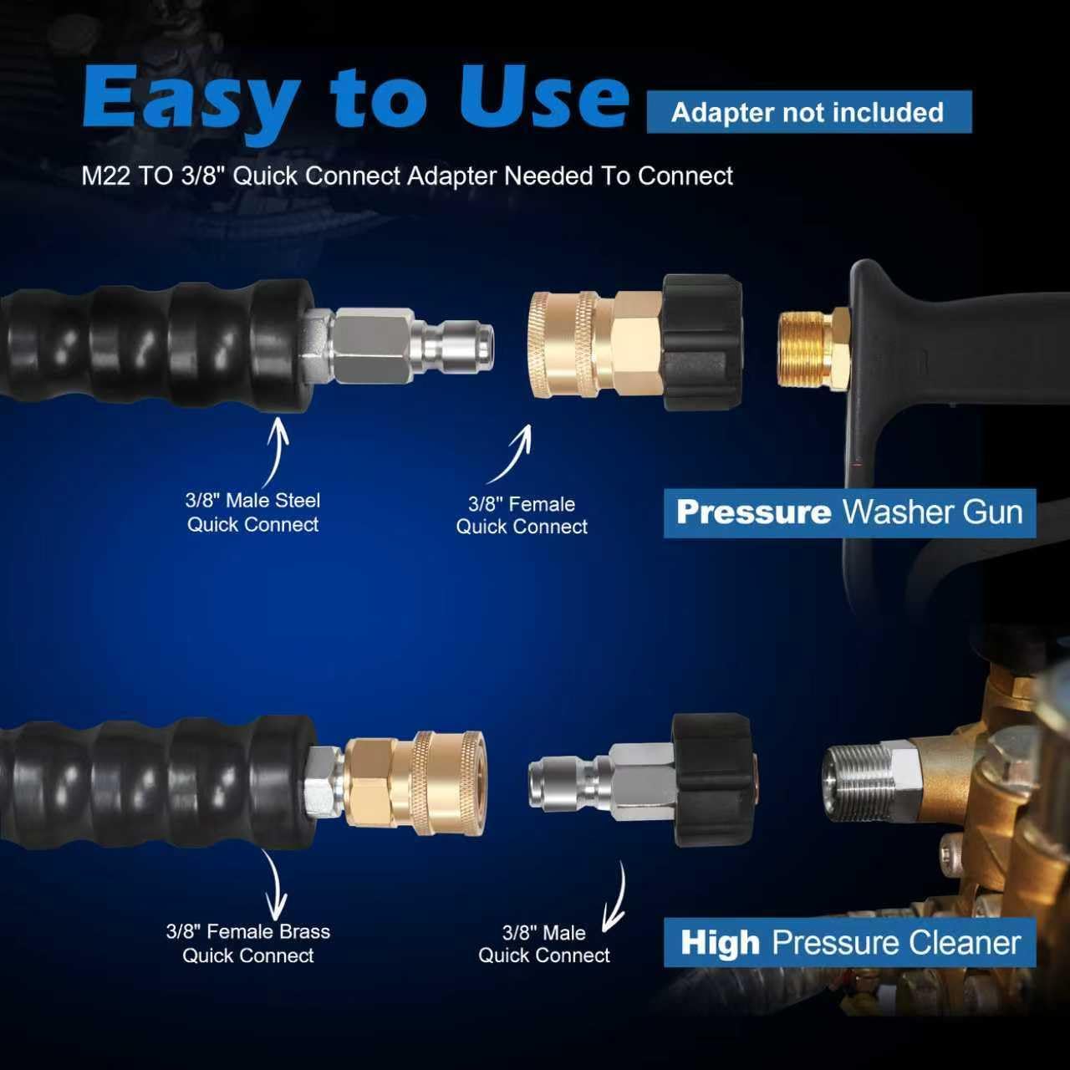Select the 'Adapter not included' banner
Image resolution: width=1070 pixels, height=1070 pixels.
click(808, 112)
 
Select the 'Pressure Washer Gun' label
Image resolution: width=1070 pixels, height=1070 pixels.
click(849, 512)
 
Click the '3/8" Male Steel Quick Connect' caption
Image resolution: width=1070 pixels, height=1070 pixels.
click(252, 512)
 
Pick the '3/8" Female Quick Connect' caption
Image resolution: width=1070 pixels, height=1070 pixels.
click(522, 515)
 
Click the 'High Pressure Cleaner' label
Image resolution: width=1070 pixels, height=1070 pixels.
click(849, 942)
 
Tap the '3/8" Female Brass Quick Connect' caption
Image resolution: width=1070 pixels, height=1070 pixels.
click(248, 943)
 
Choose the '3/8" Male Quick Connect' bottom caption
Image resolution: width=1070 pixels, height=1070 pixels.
click(544, 944)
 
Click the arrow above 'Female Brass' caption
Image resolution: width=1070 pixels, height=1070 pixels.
click(274, 886)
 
